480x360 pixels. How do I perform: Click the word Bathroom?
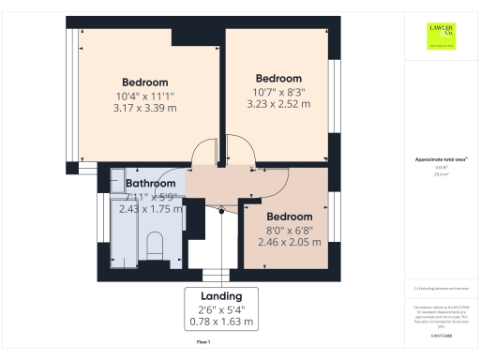click(x=152, y=184)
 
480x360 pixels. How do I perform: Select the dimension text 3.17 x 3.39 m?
click(x=144, y=108)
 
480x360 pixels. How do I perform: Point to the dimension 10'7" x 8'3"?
click(x=278, y=91)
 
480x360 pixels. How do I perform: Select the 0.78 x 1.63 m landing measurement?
click(x=221, y=322)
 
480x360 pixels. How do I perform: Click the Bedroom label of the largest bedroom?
click(x=144, y=82)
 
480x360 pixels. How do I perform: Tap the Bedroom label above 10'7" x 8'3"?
click(x=278, y=78)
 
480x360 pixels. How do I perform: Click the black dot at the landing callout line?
click(x=221, y=210)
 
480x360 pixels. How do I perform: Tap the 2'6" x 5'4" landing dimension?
click(x=221, y=309)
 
